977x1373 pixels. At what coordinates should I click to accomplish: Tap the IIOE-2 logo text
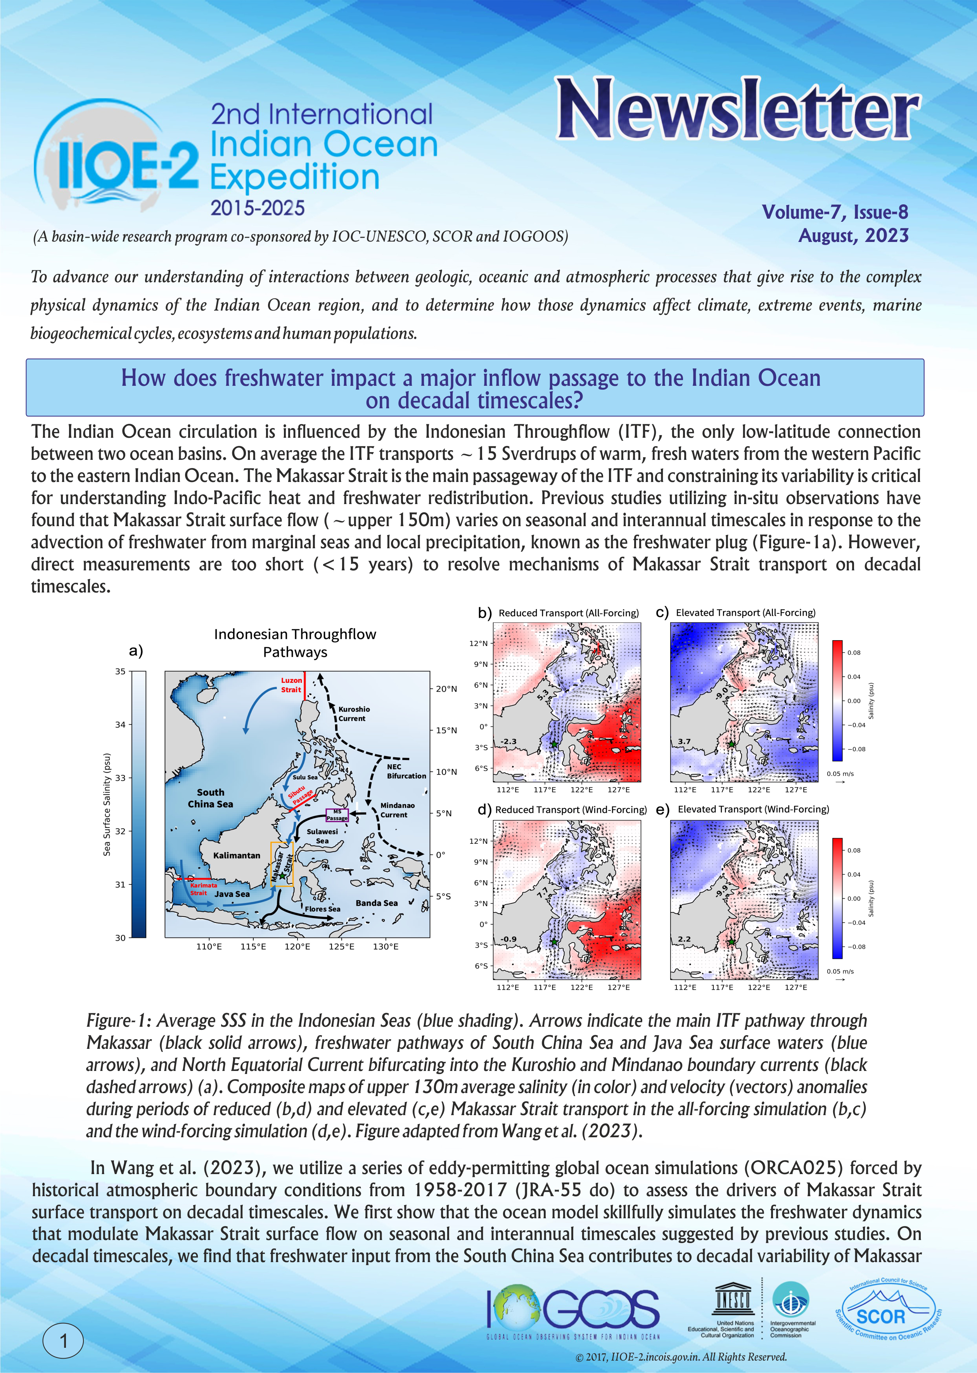click(127, 162)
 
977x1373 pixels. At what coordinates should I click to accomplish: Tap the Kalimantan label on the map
click(237, 855)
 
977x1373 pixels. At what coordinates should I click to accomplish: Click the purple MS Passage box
click(337, 815)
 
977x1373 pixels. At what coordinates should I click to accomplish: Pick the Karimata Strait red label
click(203, 889)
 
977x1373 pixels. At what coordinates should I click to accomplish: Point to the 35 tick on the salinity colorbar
click(120, 672)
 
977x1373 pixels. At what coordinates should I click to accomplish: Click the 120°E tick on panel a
click(297, 946)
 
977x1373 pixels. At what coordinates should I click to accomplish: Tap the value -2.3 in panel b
click(508, 741)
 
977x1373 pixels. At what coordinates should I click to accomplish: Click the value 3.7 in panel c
click(684, 741)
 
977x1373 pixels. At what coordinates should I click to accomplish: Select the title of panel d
click(570, 810)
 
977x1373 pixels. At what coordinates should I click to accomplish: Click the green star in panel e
click(731, 942)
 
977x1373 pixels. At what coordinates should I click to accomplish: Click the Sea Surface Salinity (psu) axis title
click(107, 804)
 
